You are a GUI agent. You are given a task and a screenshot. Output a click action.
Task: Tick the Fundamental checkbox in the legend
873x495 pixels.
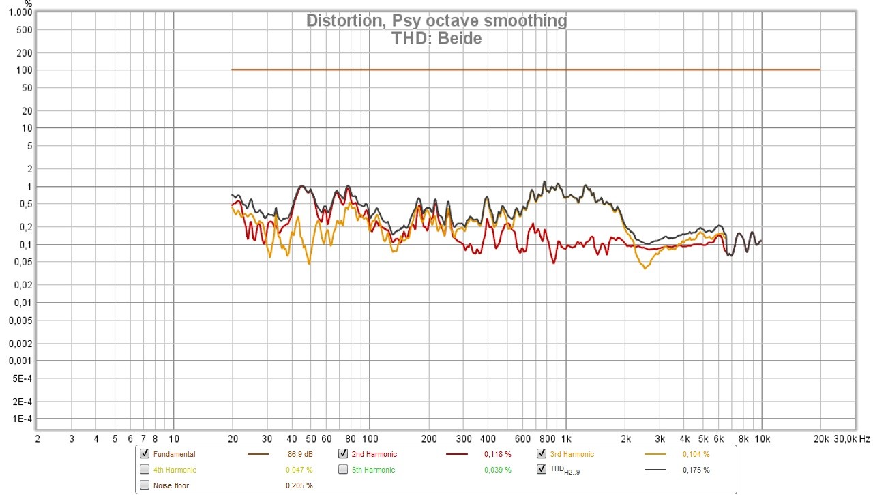click(x=145, y=454)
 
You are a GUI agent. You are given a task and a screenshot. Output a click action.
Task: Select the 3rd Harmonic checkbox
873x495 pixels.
click(x=542, y=454)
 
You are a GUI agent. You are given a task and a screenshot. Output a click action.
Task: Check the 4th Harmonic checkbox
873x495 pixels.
click(x=145, y=470)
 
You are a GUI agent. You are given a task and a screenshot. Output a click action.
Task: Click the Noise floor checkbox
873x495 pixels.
click(x=145, y=485)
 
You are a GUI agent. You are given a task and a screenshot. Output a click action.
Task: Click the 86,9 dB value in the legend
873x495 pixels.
click(x=300, y=454)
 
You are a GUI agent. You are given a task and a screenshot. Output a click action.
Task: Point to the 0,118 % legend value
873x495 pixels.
click(x=497, y=454)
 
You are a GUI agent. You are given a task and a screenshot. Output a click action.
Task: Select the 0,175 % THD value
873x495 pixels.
click(x=696, y=470)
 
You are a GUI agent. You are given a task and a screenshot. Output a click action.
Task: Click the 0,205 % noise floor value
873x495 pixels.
click(x=299, y=485)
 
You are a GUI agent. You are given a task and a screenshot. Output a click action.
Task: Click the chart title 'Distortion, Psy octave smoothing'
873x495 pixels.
click(x=436, y=20)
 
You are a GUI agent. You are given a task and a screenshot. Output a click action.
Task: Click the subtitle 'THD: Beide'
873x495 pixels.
click(x=436, y=38)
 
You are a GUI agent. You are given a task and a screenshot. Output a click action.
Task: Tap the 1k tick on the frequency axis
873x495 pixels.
click(x=566, y=439)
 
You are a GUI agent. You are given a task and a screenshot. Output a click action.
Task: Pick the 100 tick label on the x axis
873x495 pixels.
click(x=370, y=439)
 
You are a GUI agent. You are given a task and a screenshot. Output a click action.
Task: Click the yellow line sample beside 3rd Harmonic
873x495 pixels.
click(x=655, y=454)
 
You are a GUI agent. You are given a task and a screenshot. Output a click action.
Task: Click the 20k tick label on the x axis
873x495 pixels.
click(x=820, y=439)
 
